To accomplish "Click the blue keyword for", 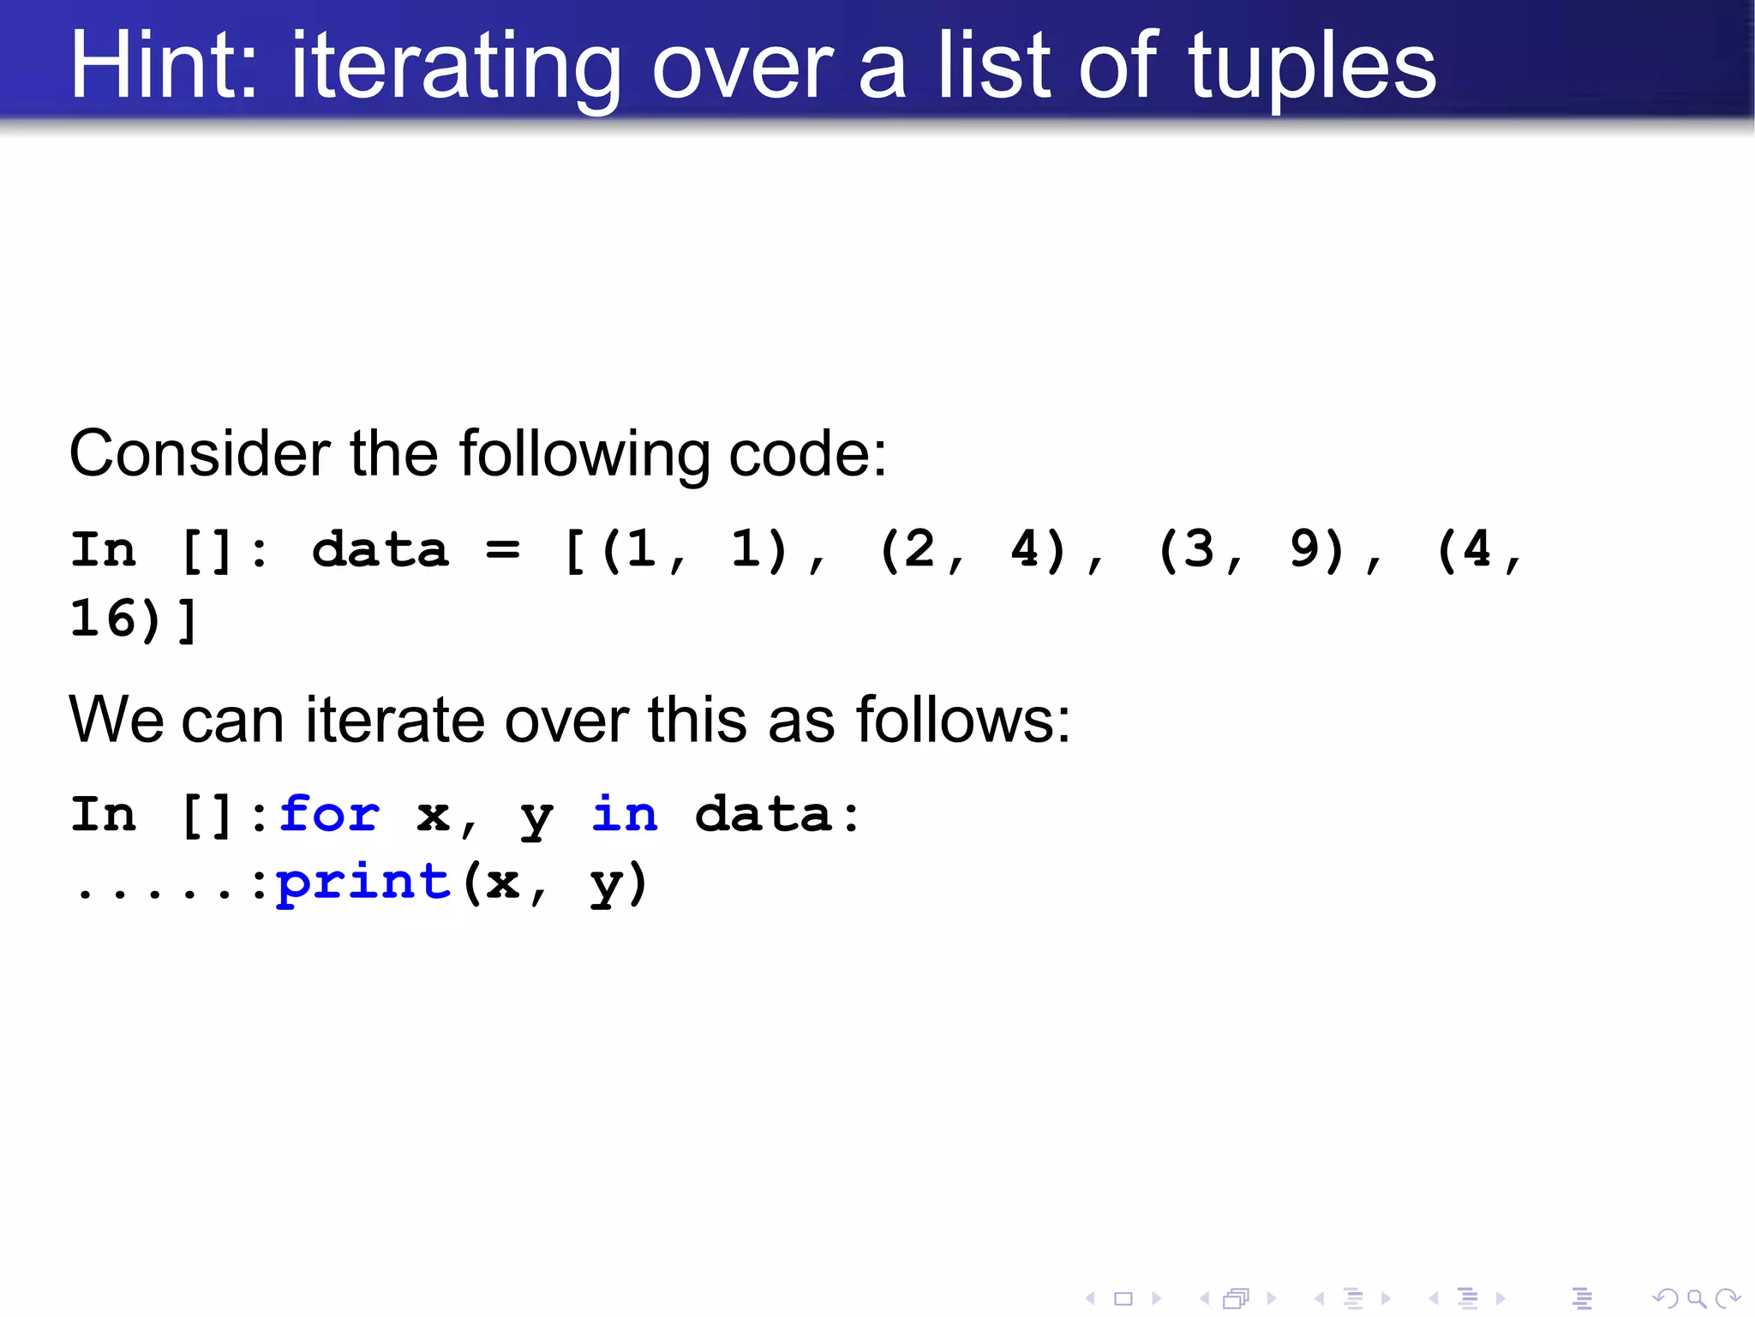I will coord(329,813).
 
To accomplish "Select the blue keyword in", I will coord(625,813).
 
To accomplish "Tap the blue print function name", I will coord(363,883).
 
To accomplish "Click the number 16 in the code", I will coord(104,619).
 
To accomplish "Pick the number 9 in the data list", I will coord(1304,549).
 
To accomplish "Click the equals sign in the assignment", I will coord(502,549).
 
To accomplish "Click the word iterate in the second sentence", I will coord(395,720).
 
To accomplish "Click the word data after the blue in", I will coord(764,813).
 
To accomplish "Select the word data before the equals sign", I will coord(380,549).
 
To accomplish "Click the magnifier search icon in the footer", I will coord(1697,1299).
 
